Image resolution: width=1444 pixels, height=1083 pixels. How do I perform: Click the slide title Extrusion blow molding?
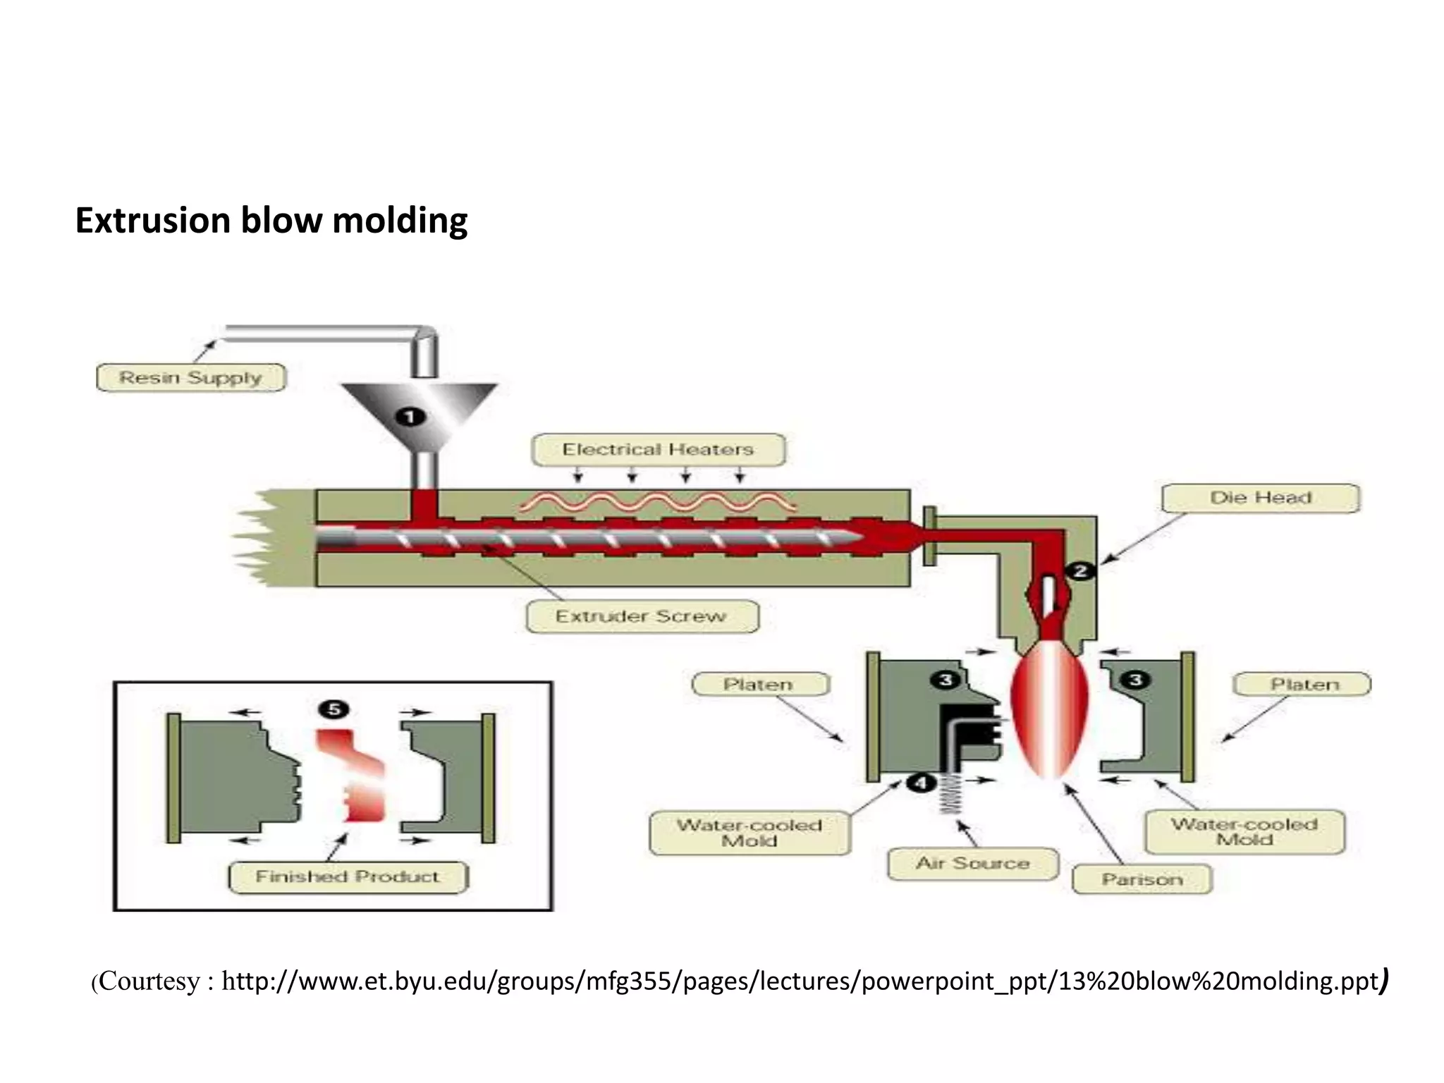point(271,220)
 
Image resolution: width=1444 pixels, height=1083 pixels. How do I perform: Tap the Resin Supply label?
point(190,377)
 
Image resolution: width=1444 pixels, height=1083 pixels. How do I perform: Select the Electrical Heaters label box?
point(658,449)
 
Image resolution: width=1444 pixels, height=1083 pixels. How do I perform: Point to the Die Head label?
point(1260,498)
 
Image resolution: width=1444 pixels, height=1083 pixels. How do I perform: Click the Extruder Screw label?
point(642,616)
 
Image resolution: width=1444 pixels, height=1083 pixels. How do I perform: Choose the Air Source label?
point(972,863)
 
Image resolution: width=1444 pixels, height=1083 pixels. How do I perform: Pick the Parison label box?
point(1142,879)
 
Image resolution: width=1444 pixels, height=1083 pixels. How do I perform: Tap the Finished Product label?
point(348,877)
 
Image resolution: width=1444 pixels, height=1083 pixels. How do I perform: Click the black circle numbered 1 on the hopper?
point(410,417)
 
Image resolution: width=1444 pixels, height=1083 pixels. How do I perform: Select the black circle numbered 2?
point(1079,571)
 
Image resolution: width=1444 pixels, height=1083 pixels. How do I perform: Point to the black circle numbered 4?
point(920,782)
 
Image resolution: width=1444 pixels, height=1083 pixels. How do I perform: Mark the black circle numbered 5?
point(334,709)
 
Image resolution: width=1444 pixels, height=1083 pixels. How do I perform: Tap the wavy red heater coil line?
point(656,502)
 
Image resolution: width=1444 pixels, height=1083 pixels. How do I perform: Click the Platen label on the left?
point(759,684)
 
